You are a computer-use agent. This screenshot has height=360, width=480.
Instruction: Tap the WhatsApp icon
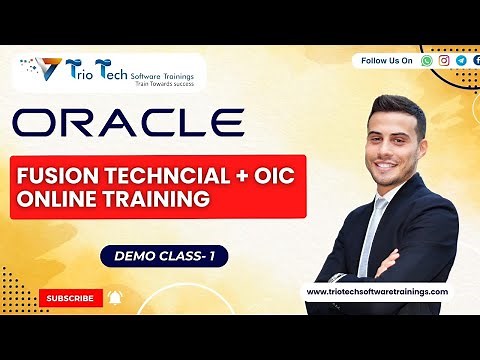[428, 60]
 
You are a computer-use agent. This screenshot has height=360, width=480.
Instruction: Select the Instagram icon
[444, 60]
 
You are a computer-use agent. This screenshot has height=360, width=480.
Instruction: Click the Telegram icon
[460, 60]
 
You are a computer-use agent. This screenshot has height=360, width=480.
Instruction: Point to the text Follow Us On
[386, 60]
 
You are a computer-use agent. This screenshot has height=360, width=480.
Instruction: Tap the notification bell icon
[115, 297]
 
